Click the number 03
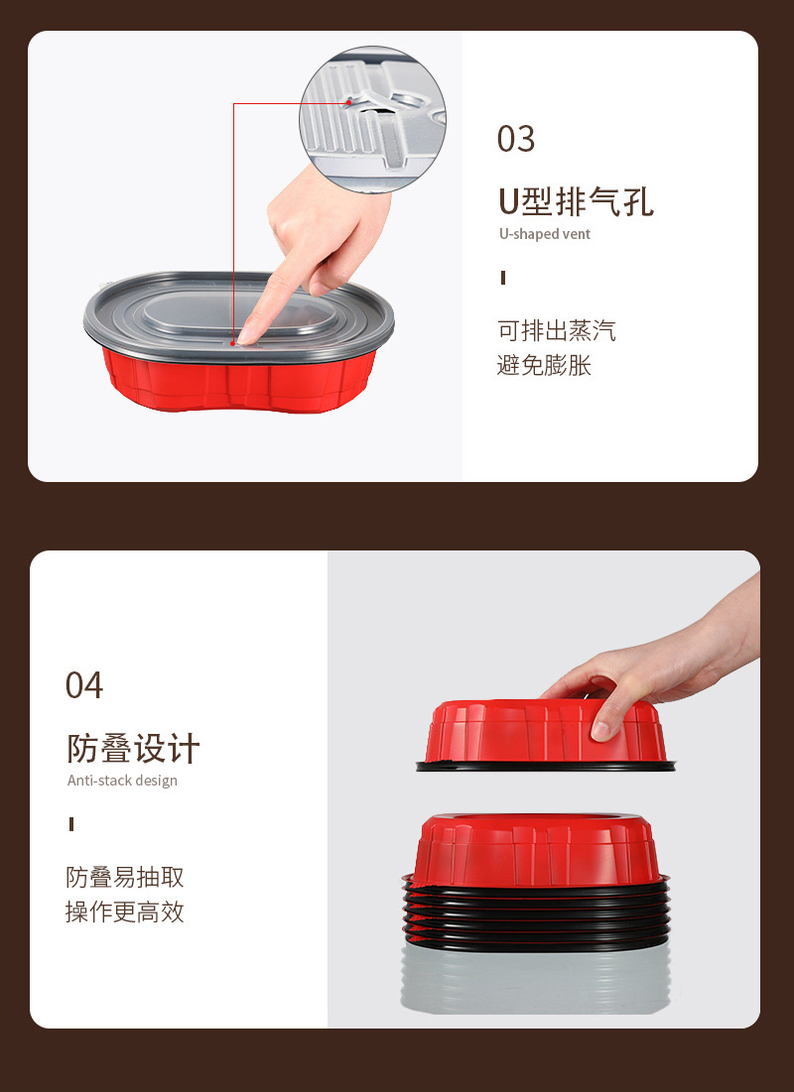pos(515,139)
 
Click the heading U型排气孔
pos(576,201)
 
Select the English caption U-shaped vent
pos(544,234)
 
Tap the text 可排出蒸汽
pos(556,330)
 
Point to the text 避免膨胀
pos(544,365)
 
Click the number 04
pos(84,685)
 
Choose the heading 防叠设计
pos(134,748)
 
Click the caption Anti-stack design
pos(122,781)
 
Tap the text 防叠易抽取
pos(125,878)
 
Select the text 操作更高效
pos(125,912)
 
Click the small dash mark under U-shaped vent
pos(503,278)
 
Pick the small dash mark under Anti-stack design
pos(71,824)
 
